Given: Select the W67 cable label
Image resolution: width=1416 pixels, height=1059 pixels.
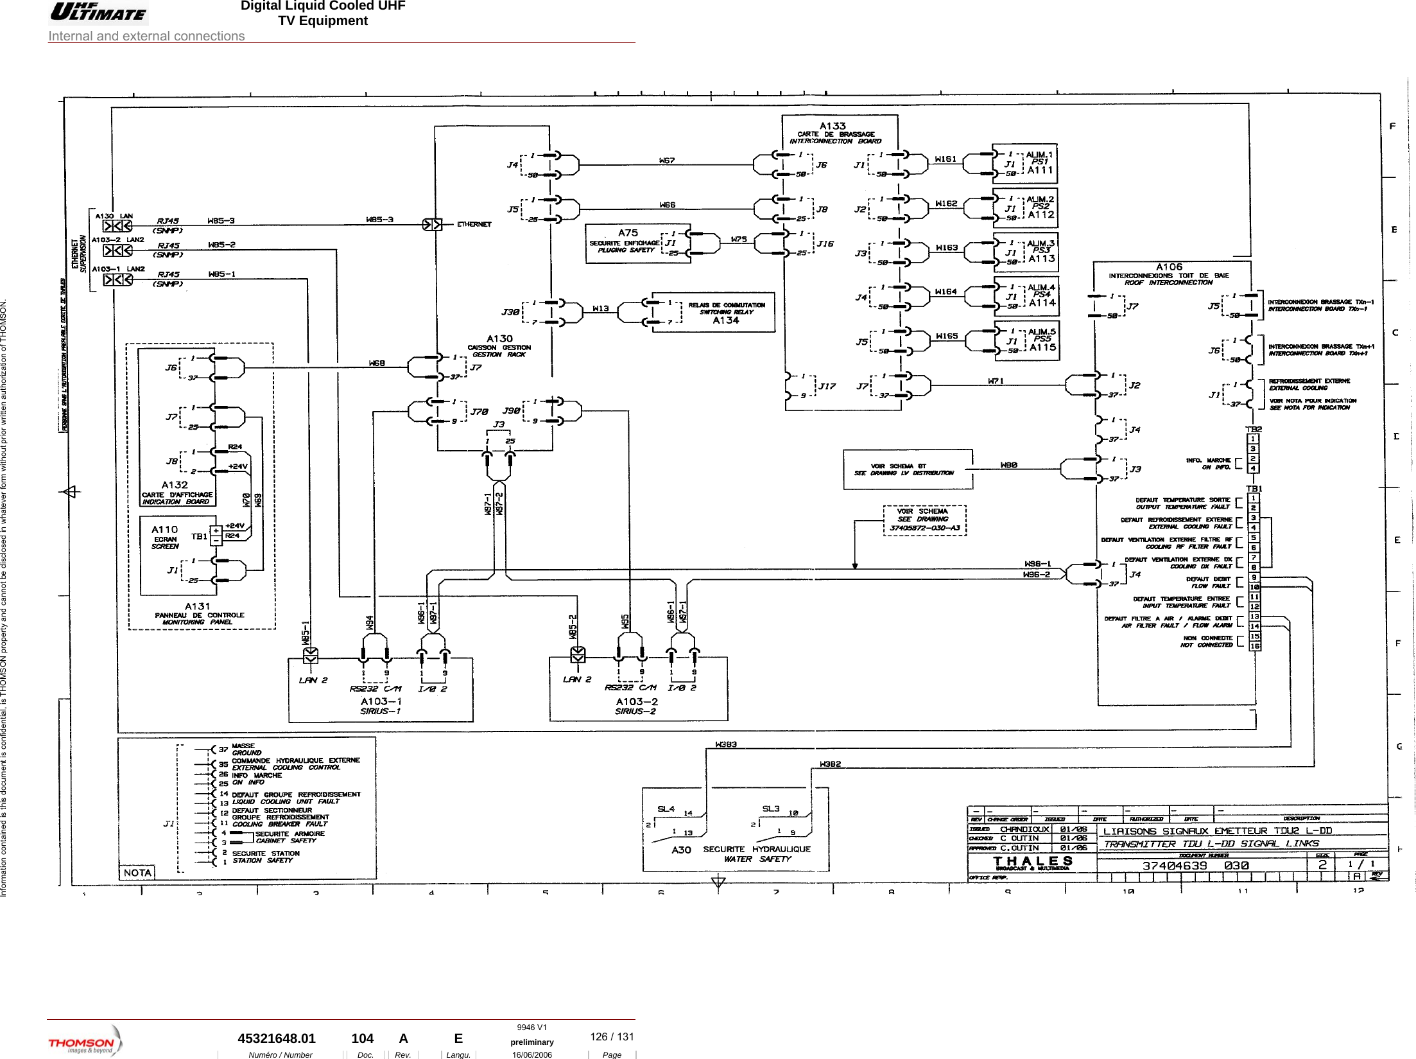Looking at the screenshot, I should coord(667,160).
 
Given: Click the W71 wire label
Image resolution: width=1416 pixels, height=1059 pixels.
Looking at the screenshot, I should coord(996,381).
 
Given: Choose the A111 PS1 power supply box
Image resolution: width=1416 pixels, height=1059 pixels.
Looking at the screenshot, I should coord(1025,163).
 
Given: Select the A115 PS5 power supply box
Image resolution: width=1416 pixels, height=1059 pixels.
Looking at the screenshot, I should coord(1026,340).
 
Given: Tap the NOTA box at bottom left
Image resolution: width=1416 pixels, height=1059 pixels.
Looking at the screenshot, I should coord(137,872).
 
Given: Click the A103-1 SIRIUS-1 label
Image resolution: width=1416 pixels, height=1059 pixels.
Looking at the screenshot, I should coord(381,706).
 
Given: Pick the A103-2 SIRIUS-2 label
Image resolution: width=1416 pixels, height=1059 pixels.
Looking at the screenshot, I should coord(636,706).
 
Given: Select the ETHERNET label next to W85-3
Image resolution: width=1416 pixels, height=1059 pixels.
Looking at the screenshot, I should coord(474,224).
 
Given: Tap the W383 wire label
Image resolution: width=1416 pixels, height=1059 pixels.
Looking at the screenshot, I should coord(726,744).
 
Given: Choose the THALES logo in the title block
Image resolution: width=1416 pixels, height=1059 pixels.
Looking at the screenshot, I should coord(1033,862).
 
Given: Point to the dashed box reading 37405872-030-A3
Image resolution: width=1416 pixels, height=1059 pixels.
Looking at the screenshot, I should coord(924,520).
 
